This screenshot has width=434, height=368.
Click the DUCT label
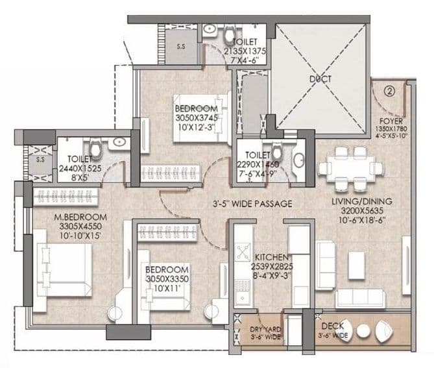[x=320, y=79]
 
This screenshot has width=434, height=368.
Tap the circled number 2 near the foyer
[x=389, y=92]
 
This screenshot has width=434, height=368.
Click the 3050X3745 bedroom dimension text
[x=195, y=118]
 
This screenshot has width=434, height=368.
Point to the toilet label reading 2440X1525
[x=80, y=167]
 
